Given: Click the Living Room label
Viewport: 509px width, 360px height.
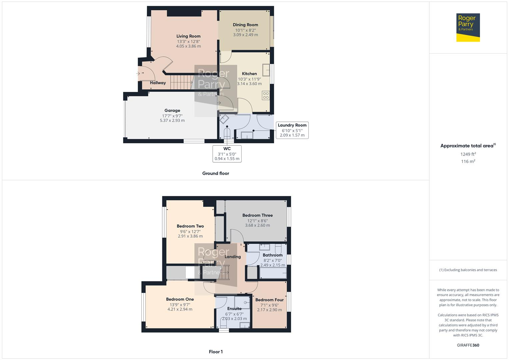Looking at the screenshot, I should [188, 36].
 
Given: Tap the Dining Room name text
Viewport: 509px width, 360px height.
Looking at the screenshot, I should [245, 25].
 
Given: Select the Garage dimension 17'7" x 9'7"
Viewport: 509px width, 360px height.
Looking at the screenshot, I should [172, 116].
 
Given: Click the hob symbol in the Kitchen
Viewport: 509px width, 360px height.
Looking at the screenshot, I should [266, 95].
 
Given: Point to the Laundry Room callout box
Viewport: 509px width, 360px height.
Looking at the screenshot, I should [292, 130].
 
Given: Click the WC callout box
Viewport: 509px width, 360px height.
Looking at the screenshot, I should [227, 154].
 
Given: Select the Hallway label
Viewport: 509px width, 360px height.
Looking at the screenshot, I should [158, 83].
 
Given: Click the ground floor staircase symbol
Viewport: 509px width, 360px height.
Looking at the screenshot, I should [182, 82].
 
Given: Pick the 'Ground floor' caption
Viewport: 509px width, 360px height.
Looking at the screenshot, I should [216, 173].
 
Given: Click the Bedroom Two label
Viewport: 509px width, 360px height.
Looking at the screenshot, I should [190, 226].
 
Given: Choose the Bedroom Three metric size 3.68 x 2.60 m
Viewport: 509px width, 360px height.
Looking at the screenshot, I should [257, 225].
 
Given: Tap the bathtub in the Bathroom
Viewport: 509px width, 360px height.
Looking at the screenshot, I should [273, 273].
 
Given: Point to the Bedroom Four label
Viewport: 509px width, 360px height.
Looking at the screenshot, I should [269, 300].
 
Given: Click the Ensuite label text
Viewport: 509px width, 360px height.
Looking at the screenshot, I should [234, 309].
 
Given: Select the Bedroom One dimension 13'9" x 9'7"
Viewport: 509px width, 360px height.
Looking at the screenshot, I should [180, 304].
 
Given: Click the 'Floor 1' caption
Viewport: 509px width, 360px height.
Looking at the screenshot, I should [216, 352].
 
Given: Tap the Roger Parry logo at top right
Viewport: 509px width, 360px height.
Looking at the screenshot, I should [468, 27].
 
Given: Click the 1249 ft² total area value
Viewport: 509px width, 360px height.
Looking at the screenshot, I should [468, 154].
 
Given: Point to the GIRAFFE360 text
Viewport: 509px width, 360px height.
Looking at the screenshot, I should [468, 345].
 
